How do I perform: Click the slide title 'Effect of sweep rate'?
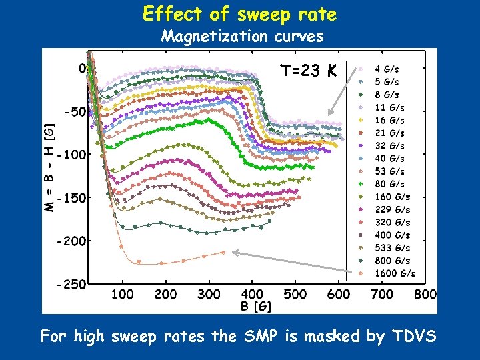239,14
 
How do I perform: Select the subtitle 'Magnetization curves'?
243,36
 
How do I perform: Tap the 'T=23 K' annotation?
309,71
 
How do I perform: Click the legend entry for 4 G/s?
387,69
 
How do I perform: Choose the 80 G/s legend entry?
389,183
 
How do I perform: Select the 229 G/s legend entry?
392,209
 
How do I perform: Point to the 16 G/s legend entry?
389,120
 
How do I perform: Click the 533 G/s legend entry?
392,247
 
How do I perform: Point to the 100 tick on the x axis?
121,294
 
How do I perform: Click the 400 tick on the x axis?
251,294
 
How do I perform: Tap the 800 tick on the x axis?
425,294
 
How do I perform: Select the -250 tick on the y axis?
71,284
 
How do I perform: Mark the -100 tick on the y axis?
71,155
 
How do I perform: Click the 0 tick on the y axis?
82,68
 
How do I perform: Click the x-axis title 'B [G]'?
255,306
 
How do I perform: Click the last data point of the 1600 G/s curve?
223,252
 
